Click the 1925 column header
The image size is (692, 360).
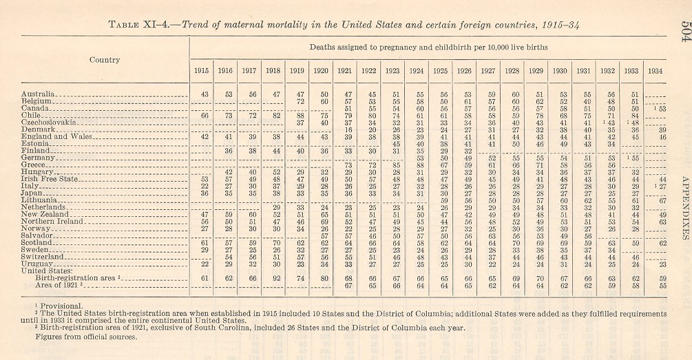(x=439, y=71)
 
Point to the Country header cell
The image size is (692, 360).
(x=105, y=59)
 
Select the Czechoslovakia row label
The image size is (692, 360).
(x=48, y=121)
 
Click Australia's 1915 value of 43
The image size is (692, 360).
(x=205, y=93)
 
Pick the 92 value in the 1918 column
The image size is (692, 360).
(x=276, y=277)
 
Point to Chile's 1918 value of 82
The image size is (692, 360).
(x=276, y=115)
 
